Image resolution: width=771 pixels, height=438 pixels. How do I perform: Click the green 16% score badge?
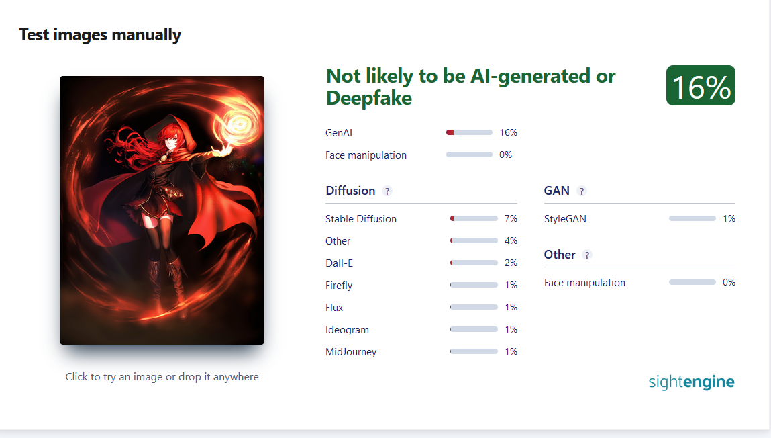click(701, 85)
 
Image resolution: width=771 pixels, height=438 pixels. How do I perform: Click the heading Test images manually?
click(100, 35)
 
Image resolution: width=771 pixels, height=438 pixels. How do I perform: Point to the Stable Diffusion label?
click(361, 219)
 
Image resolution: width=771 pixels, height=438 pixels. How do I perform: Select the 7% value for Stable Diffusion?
click(511, 218)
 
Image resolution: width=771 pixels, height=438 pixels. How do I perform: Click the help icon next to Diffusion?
click(387, 191)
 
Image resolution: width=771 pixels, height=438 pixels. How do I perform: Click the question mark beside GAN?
click(582, 191)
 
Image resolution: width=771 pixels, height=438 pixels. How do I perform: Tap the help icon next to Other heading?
click(587, 255)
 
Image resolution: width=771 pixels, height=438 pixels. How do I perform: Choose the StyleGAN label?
click(565, 219)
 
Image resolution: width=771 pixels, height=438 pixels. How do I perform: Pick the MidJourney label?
click(351, 352)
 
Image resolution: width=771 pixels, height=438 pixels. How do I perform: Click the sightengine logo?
click(691, 382)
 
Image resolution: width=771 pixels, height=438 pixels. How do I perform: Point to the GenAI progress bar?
click(469, 132)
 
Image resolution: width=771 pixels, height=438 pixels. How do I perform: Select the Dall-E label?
click(340, 263)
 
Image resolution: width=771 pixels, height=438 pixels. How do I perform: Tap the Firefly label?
click(339, 286)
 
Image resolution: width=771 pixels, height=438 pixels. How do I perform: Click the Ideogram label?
click(347, 330)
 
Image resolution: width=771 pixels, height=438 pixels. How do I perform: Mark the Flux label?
click(334, 308)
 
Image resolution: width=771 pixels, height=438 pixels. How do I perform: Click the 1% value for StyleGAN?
click(729, 218)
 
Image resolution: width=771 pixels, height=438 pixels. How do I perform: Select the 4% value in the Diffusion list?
click(511, 240)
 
